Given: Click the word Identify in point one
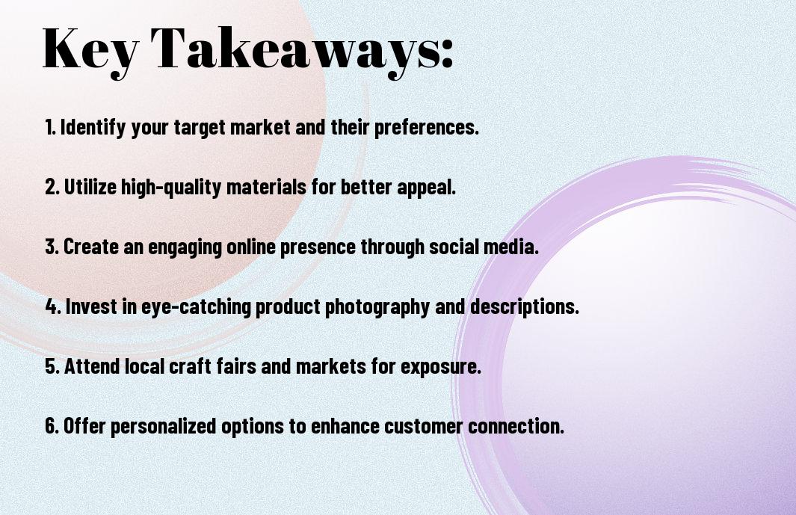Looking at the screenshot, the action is (x=93, y=128).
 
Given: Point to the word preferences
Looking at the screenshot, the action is (x=426, y=128).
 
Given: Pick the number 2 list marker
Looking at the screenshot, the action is (x=52, y=187).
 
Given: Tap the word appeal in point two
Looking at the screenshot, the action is (x=426, y=188).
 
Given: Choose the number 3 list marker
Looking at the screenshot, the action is (x=52, y=247).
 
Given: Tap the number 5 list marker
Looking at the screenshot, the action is (x=52, y=366).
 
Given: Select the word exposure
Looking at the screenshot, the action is (x=441, y=367).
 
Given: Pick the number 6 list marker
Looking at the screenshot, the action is (x=52, y=425).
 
